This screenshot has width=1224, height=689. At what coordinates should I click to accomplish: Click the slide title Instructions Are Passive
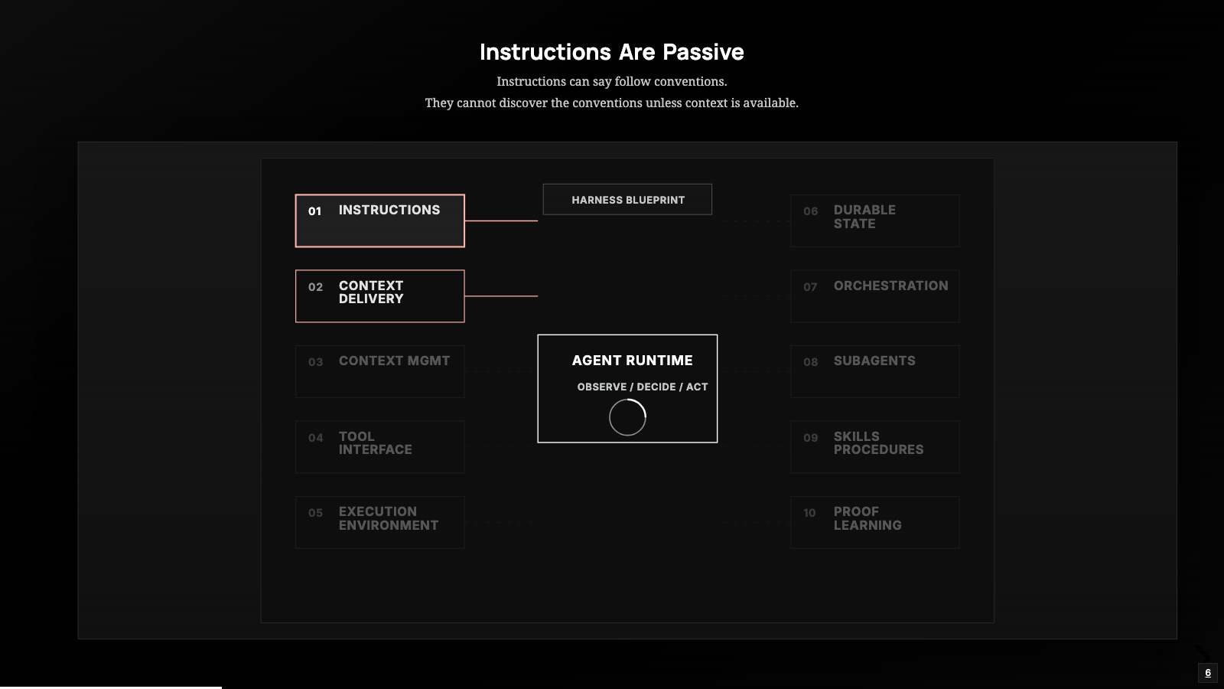[x=611, y=52]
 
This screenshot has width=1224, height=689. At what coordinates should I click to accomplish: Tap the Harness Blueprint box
[x=627, y=200]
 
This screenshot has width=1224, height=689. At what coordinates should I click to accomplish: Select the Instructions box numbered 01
[x=379, y=221]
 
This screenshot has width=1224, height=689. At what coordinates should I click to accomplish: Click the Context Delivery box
[x=379, y=296]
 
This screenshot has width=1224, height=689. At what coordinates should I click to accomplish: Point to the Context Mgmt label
[x=394, y=361]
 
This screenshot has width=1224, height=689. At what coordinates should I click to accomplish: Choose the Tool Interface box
[x=379, y=447]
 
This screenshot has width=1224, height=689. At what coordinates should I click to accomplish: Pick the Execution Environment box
[x=379, y=522]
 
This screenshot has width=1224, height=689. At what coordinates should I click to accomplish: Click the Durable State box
[x=875, y=221]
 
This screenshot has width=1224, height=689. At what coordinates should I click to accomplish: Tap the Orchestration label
[x=890, y=286]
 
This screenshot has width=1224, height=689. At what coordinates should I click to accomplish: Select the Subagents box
[x=875, y=371]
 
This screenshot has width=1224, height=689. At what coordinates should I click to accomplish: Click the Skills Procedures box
[x=875, y=447]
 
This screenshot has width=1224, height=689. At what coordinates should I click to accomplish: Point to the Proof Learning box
[x=875, y=522]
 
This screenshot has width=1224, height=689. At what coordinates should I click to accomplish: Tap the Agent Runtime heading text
[x=632, y=361]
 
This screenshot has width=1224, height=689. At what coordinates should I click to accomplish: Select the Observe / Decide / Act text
[x=643, y=387]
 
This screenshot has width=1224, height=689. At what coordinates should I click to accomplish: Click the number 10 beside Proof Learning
[x=809, y=513]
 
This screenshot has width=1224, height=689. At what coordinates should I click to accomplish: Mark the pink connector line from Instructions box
[x=501, y=221]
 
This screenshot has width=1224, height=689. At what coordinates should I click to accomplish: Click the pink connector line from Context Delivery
[x=501, y=296]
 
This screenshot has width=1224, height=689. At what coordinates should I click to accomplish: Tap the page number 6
[x=1208, y=673]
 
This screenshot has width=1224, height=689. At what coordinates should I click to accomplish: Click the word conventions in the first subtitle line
[x=690, y=81]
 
